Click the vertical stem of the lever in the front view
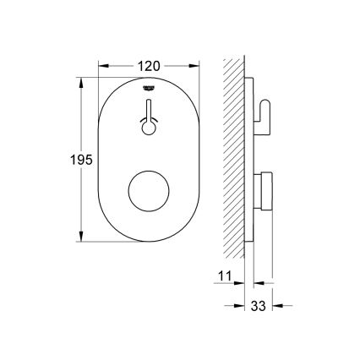click(x=149, y=110)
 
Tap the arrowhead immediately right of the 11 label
click(x=240, y=276)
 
